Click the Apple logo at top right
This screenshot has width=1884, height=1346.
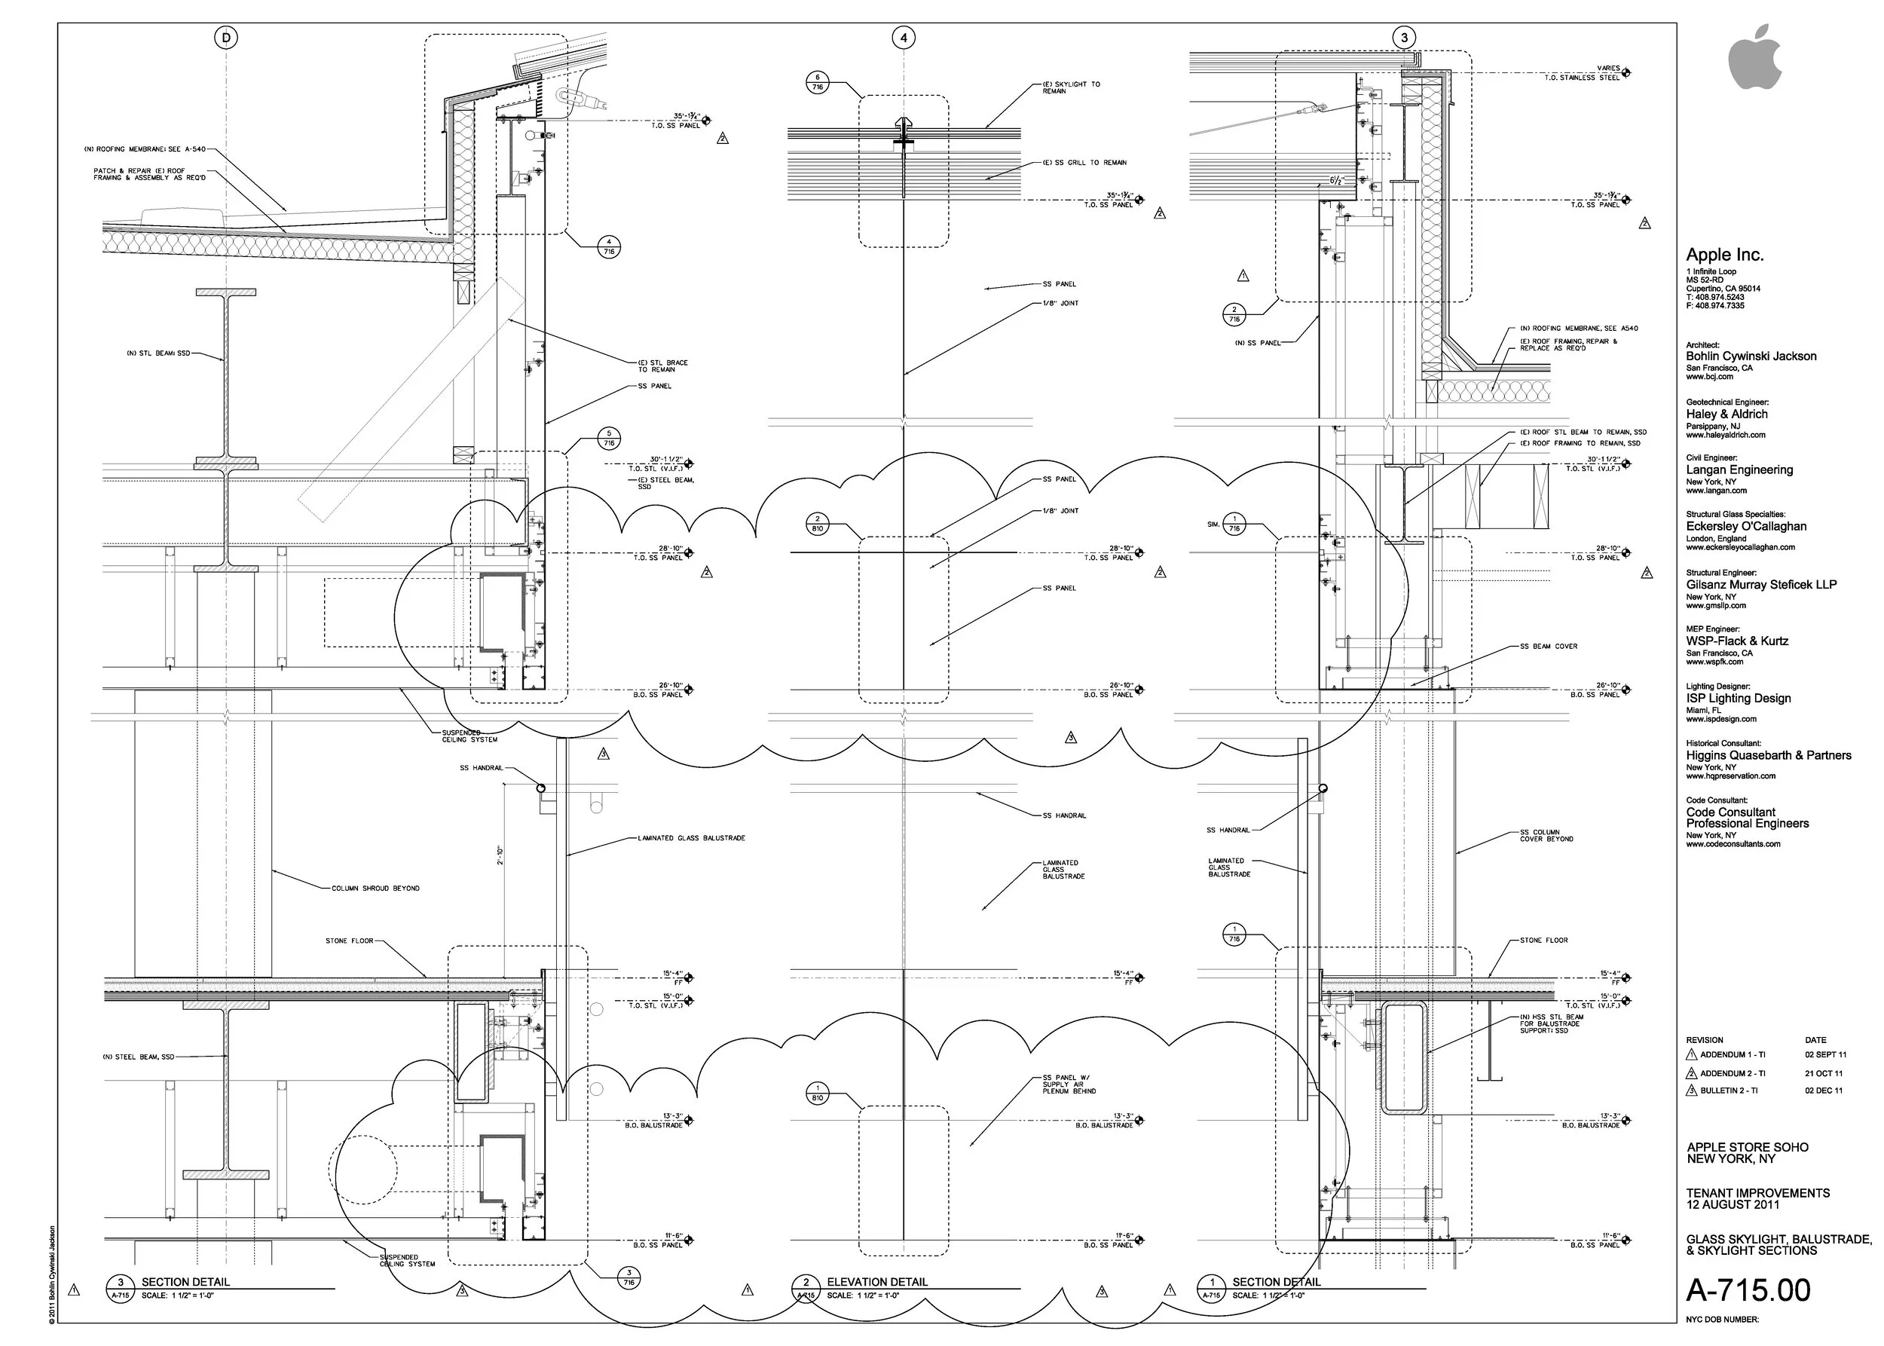coord(1754,57)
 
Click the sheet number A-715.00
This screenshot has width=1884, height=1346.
coord(1748,1290)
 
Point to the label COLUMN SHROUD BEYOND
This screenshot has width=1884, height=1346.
coord(375,889)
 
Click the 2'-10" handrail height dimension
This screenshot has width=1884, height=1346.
coord(500,855)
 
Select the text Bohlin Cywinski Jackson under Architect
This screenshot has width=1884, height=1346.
coord(1751,356)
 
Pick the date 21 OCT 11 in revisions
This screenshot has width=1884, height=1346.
coord(1824,1073)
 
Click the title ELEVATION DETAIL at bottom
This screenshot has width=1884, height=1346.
coord(876,1282)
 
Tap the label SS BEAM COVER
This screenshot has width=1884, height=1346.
coord(1549,647)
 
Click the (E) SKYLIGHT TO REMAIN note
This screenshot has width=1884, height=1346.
coord(1071,87)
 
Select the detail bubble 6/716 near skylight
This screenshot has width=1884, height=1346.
coord(817,82)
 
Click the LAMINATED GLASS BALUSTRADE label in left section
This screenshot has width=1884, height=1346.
coord(691,838)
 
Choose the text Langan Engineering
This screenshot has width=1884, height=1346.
coord(1739,470)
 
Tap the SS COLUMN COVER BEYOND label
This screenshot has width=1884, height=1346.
coord(1546,836)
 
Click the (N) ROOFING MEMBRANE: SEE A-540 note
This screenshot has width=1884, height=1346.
coord(144,150)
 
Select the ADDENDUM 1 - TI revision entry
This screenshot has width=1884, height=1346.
coord(1733,1055)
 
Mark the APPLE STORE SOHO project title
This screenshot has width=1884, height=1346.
coord(1748,1147)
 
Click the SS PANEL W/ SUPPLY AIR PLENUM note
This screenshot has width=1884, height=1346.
coord(1069,1084)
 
